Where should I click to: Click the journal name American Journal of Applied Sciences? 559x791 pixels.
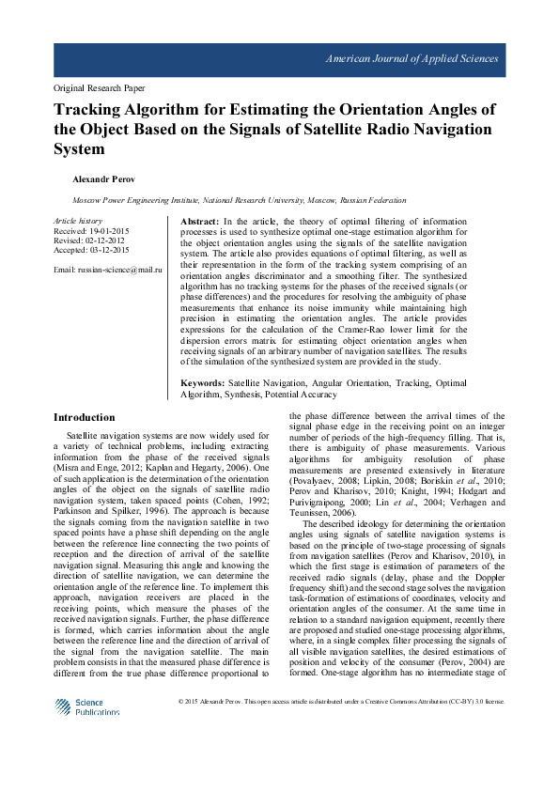pyautogui.click(x=411, y=59)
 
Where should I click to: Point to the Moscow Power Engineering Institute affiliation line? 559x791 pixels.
pyautogui.click(x=240, y=200)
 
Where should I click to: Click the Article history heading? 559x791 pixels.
pyautogui.click(x=79, y=219)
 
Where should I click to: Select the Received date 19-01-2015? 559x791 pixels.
pyautogui.click(x=91, y=230)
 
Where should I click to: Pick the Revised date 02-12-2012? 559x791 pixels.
pyautogui.click(x=89, y=240)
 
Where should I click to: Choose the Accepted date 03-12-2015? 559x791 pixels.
pyautogui.click(x=92, y=251)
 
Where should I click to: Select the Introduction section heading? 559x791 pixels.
pyautogui.click(x=85, y=417)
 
